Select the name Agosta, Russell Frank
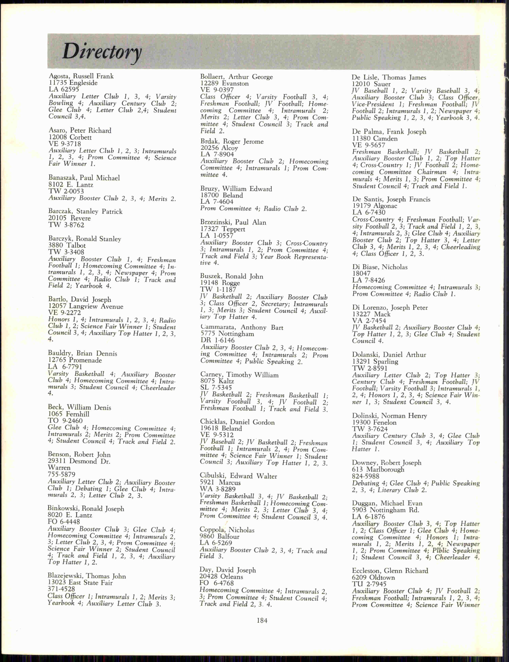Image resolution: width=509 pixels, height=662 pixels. pos(81,76)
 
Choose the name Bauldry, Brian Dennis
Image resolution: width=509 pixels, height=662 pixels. pos(82,353)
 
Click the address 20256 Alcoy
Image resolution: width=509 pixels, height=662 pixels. pos(219,148)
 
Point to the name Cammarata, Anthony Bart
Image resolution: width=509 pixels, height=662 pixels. pos(241,327)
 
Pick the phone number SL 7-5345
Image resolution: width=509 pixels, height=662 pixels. pos(216,387)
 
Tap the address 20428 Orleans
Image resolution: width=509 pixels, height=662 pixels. pos(221,577)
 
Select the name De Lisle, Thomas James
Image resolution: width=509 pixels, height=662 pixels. pos(389,77)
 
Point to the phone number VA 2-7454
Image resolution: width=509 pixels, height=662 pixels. pos(369,321)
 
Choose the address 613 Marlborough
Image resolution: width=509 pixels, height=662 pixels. pos(378,469)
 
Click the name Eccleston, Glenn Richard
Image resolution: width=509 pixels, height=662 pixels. pos(390,571)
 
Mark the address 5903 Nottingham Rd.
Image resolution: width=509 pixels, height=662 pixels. pos(385,510)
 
